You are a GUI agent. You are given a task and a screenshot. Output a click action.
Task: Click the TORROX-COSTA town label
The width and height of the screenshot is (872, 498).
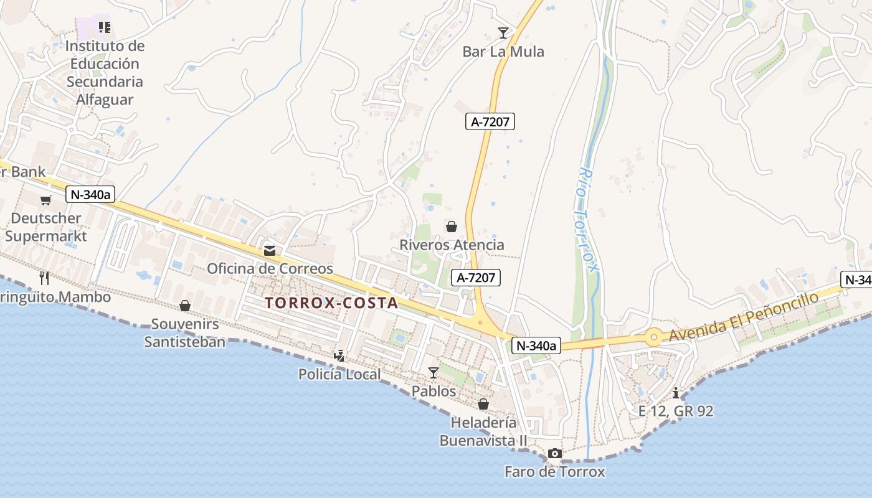[331, 303]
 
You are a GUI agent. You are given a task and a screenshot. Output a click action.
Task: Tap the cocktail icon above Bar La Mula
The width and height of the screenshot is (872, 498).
[503, 32]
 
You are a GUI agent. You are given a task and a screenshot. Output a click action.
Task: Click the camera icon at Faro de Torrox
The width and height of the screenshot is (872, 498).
[554, 454]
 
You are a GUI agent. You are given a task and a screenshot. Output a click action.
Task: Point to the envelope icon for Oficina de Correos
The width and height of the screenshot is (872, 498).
[270, 251]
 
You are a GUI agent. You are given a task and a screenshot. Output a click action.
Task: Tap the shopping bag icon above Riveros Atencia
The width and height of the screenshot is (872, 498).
[452, 227]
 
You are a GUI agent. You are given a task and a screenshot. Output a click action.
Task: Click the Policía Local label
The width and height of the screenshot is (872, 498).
[339, 374]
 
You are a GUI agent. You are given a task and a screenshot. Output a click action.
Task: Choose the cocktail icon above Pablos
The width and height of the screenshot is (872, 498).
[434, 373]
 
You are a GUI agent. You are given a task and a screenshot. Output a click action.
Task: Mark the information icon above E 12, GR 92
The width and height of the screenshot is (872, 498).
[676, 393]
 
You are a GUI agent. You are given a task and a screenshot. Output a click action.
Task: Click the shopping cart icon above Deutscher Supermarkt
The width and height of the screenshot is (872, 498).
[46, 200]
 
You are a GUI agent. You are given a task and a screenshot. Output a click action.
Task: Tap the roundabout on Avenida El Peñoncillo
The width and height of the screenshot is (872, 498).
[653, 338]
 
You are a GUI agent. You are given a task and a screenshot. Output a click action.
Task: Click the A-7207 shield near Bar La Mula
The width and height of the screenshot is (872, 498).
[490, 122]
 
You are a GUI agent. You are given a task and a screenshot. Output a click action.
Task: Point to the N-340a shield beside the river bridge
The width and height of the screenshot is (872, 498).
[536, 345]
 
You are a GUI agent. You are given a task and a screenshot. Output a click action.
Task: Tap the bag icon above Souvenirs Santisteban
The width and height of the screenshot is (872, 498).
[185, 306]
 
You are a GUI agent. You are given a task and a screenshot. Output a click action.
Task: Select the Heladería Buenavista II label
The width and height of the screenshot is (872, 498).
[483, 431]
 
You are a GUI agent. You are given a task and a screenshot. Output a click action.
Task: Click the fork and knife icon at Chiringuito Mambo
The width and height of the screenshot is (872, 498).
[44, 278]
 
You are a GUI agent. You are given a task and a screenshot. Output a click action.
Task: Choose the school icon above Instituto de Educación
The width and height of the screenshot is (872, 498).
[104, 27]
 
